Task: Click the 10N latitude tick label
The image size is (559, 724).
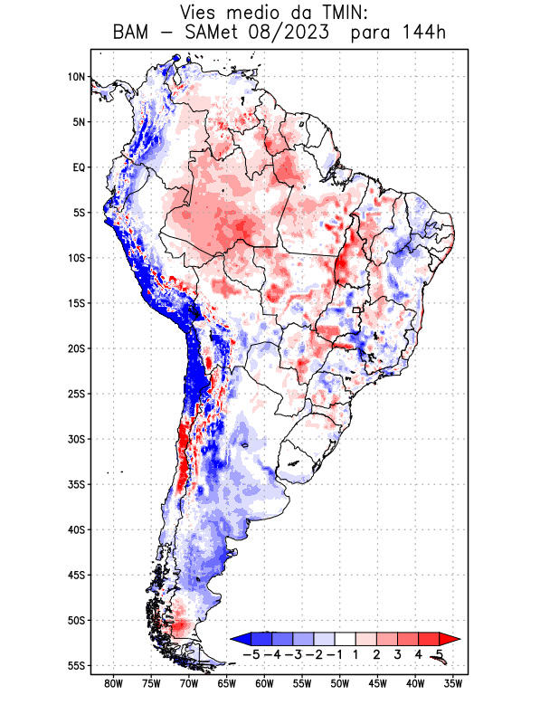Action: pos(76,77)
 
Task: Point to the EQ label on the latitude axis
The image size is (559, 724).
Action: pos(78,167)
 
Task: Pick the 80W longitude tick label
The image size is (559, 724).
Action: pos(113,684)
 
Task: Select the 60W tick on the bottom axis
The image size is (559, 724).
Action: pos(264,684)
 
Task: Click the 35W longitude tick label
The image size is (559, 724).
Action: pos(453,684)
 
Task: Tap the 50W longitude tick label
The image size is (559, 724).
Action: pos(340,684)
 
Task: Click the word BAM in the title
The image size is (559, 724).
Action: pos(133,34)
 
